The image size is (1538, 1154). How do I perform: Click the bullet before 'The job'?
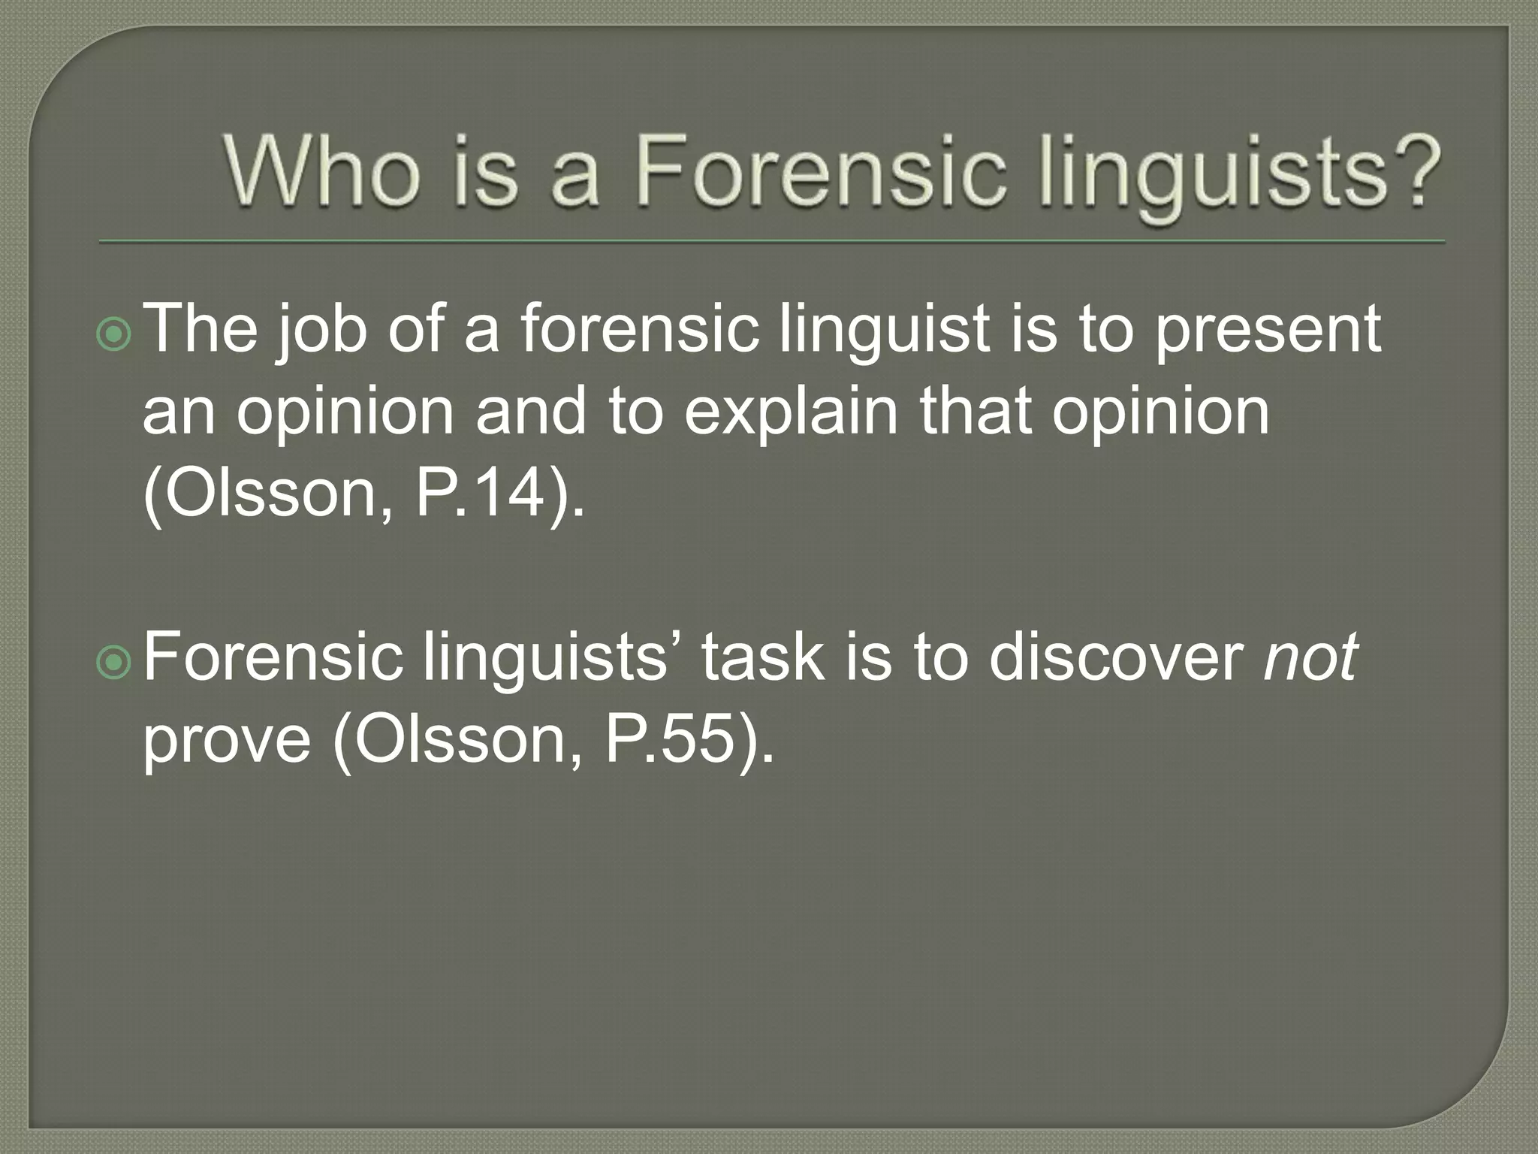(114, 336)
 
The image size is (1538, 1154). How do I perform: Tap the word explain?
(791, 413)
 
